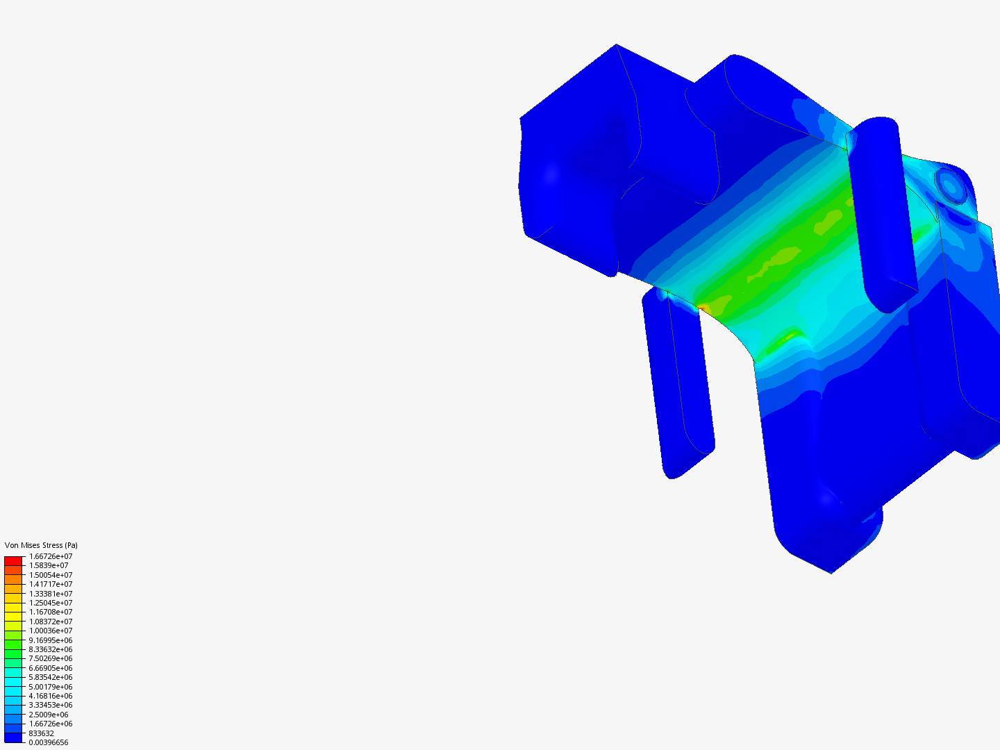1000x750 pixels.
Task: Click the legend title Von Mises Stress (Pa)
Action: tap(41, 545)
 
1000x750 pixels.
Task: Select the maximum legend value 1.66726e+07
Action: tap(51, 556)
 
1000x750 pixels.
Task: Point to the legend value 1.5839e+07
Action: tap(49, 565)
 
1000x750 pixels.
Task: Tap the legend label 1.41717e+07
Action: tap(51, 584)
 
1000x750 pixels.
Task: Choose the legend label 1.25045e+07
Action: tap(51, 603)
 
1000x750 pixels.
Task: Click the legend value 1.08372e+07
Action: tap(51, 622)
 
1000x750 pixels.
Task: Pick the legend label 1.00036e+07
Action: tap(51, 631)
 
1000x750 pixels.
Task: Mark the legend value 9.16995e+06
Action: tap(51, 640)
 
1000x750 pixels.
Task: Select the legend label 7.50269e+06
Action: tap(51, 658)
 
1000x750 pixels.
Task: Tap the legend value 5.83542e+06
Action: tap(51, 677)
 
